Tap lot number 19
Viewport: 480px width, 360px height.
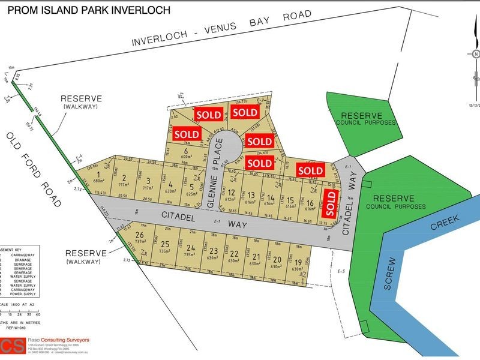pyautogui.click(x=298, y=262)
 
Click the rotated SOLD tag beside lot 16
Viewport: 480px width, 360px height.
pyautogui.click(x=329, y=202)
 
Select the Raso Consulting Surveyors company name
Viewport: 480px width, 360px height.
pyautogui.click(x=60, y=340)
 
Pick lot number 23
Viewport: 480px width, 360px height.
pyautogui.click(x=212, y=251)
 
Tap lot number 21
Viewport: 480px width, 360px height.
pyautogui.click(x=256, y=256)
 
